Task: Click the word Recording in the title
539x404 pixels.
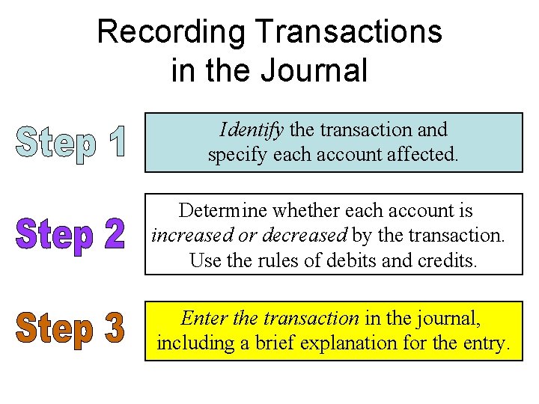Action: click(x=171, y=32)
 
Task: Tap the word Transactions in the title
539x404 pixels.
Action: click(x=348, y=32)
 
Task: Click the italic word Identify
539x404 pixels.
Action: click(x=251, y=130)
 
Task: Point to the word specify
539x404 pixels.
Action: click(x=233, y=156)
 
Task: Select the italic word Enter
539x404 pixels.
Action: click(x=204, y=318)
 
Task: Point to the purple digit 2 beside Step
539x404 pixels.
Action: click(x=110, y=235)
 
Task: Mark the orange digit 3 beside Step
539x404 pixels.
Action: click(x=111, y=329)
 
